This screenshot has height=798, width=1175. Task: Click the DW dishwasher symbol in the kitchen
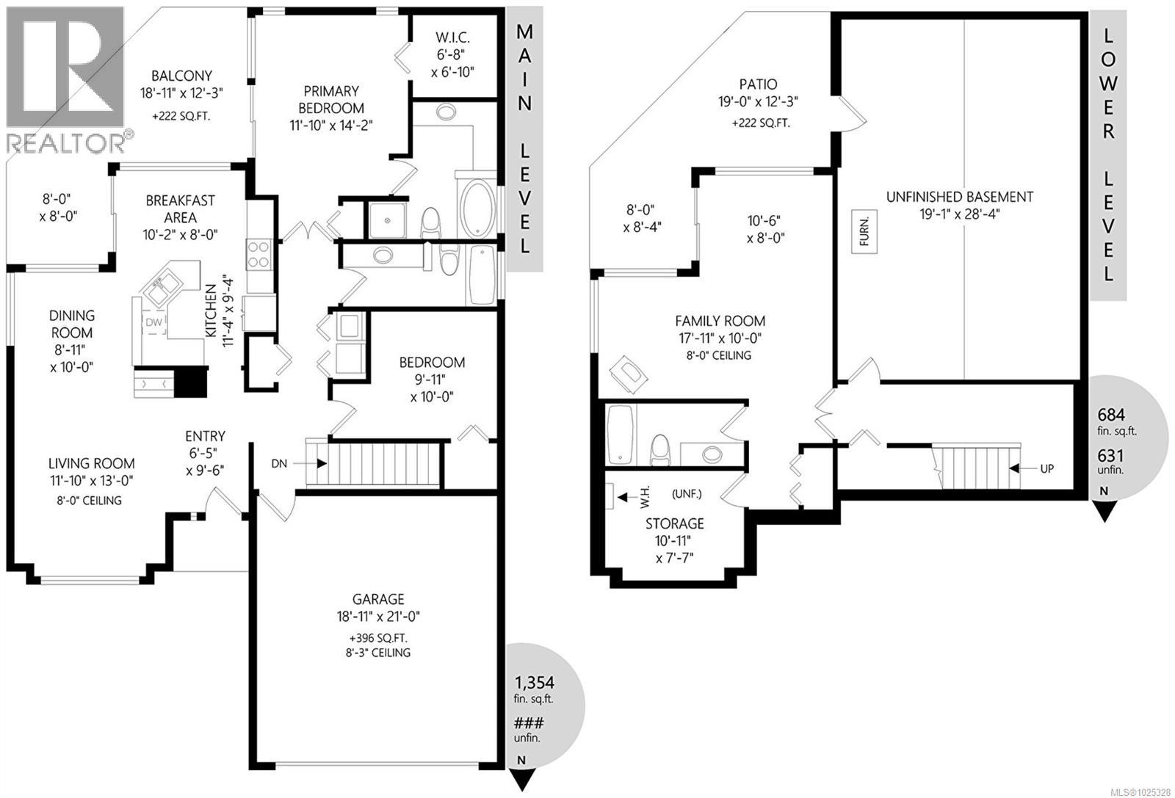click(153, 322)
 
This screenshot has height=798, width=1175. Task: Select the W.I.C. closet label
click(452, 37)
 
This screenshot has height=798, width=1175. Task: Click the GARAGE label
click(377, 599)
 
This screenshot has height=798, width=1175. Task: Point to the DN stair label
click(279, 463)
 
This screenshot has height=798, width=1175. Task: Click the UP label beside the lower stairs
click(1046, 468)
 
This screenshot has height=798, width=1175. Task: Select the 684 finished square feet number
click(1111, 413)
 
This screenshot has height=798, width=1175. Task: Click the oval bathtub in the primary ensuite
click(478, 208)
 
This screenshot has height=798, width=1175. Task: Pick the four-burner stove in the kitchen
click(258, 254)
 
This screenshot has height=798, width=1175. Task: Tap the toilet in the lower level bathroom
click(661, 449)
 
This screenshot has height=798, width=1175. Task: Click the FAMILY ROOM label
click(720, 321)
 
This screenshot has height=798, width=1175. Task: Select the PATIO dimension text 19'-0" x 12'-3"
click(759, 102)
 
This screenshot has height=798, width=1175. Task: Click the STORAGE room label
click(674, 523)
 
